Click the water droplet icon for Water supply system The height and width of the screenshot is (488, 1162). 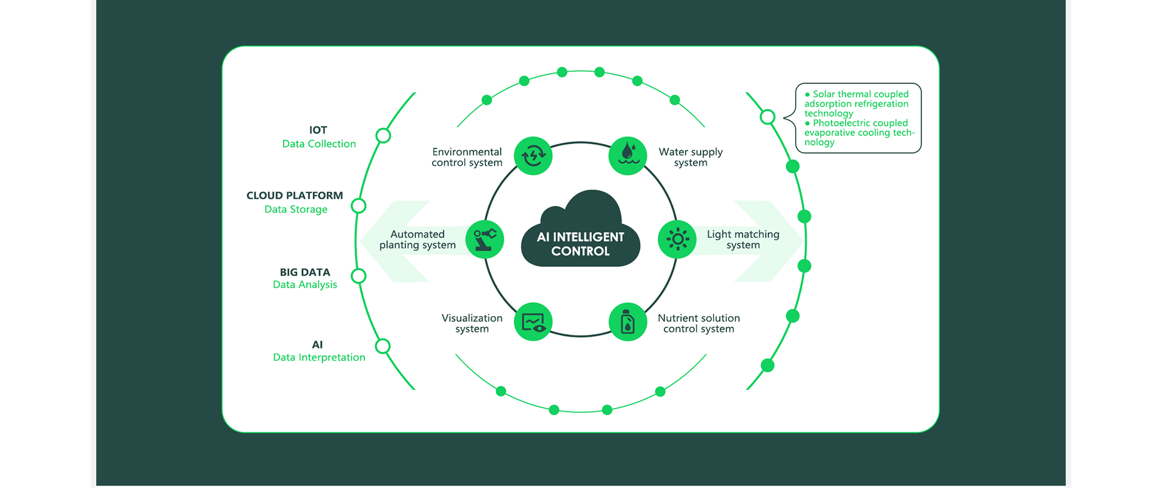(x=628, y=156)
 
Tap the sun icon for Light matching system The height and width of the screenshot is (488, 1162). (x=677, y=240)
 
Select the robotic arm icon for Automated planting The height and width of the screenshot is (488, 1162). (x=485, y=240)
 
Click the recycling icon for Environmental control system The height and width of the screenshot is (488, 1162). (x=533, y=156)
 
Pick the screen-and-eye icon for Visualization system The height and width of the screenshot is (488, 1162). (x=533, y=322)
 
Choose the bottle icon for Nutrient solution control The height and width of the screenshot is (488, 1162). (x=628, y=322)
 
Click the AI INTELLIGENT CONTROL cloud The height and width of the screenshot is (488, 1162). (x=580, y=236)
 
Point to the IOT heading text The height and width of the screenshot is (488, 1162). (x=318, y=130)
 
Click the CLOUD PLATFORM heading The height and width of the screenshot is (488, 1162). (x=295, y=196)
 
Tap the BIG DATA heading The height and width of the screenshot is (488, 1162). (x=305, y=272)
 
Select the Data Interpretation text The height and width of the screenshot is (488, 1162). (x=319, y=357)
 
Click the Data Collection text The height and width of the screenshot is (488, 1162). (x=319, y=144)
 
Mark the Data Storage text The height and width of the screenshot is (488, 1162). (x=296, y=209)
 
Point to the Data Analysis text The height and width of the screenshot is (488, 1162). (x=305, y=285)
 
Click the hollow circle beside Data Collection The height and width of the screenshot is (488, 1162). (x=383, y=136)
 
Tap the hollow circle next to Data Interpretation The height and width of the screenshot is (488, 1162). (x=382, y=346)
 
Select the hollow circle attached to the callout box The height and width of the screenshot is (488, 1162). (x=767, y=117)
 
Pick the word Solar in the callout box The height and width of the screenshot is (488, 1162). (x=824, y=94)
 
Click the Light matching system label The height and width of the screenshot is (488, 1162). (x=743, y=240)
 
